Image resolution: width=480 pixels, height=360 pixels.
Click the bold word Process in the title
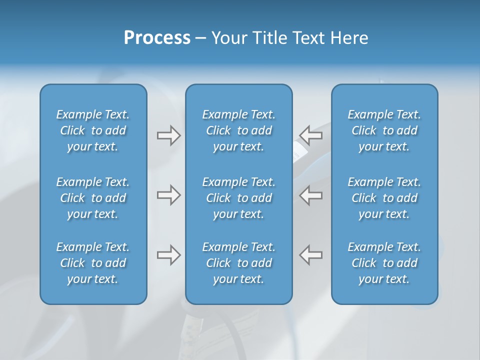pos(157,38)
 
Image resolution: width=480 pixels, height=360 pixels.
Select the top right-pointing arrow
pos(168,135)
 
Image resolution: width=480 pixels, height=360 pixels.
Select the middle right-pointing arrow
pos(168,195)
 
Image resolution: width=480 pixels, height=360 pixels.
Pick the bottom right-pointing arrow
pos(168,255)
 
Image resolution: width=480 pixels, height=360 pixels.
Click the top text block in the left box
pos(93,130)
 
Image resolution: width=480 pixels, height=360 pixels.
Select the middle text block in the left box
pos(93,198)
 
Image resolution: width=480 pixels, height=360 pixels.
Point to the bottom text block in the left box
pos(93,263)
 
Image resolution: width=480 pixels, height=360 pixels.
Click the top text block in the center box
pos(238,130)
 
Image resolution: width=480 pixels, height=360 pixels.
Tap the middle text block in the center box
pos(238,198)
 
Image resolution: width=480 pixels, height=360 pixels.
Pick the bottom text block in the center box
pos(238,263)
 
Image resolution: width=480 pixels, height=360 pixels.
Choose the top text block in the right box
pos(384,130)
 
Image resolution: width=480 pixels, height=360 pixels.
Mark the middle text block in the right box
pos(384,198)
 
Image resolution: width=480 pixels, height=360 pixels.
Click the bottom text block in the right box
pos(384,263)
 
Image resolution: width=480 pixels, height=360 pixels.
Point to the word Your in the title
pos(229,38)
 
